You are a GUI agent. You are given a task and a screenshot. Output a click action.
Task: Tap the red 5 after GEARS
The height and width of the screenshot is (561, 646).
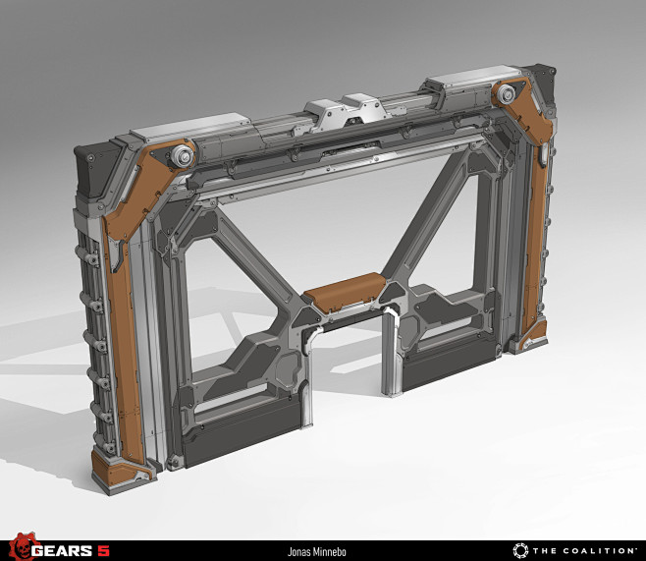[x=104, y=550]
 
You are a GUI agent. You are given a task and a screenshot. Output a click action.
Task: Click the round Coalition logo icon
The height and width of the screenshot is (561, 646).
[x=520, y=551]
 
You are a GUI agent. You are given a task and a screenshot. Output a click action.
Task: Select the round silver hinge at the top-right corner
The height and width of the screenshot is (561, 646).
[x=506, y=94]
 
